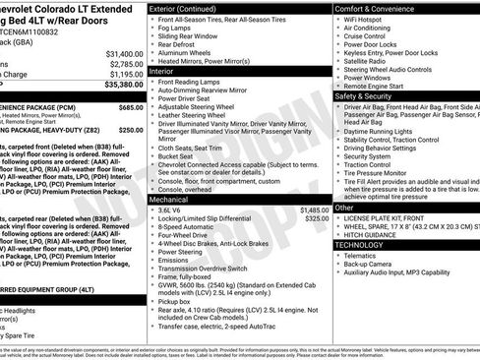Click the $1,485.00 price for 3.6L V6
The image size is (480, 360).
pos(314,210)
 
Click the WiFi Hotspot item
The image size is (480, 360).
pos(365,20)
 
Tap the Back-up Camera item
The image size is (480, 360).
pos(370,264)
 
